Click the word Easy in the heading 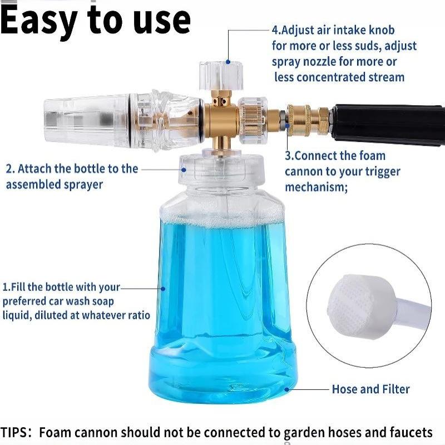39,21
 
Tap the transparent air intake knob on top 221,76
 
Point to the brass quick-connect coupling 308,120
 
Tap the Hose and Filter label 370,389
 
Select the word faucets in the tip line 411,433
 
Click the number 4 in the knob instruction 275,30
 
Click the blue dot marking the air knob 228,62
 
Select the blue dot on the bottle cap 184,170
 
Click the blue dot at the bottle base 287,389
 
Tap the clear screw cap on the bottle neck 221,169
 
